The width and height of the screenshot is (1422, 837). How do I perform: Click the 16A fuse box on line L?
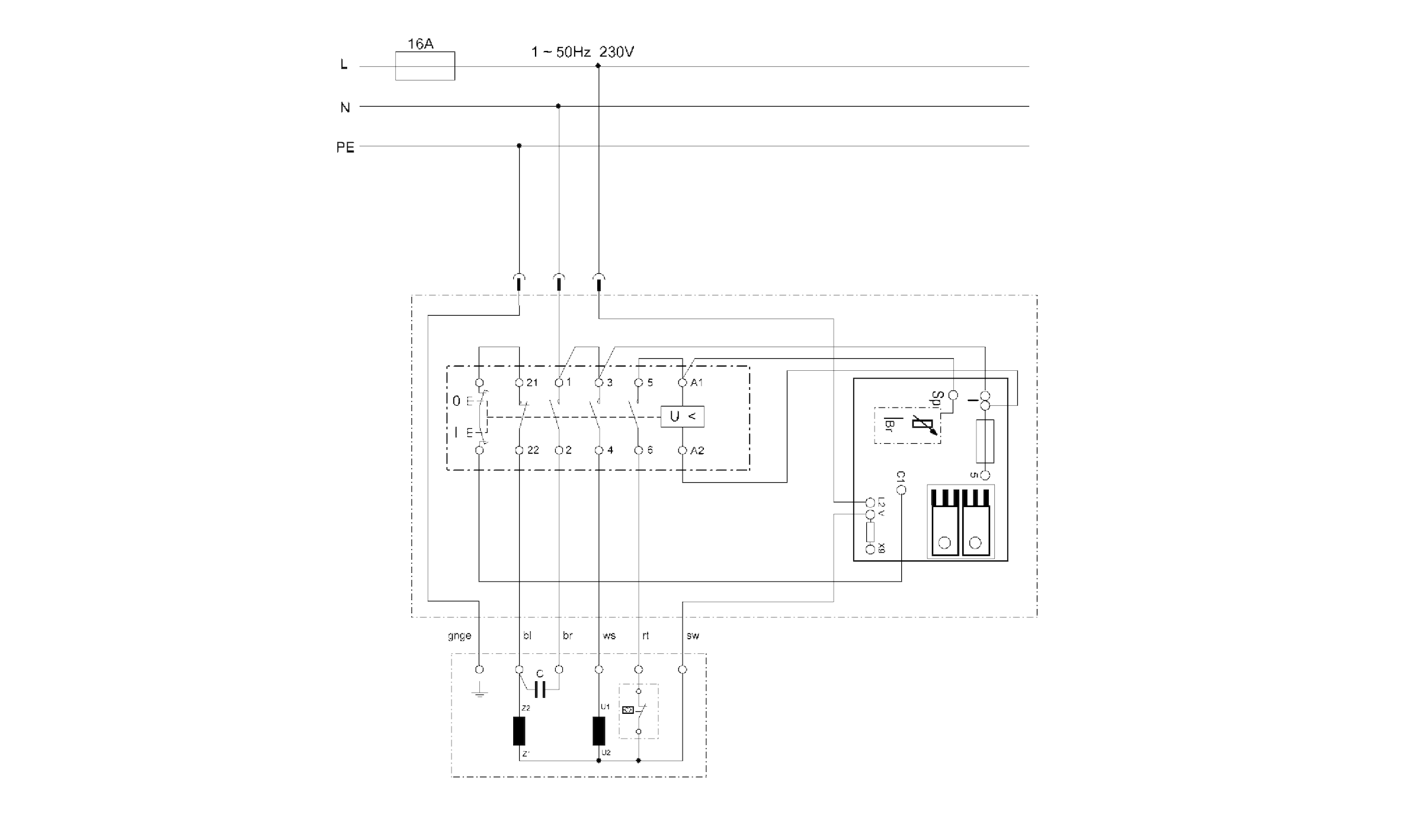[425, 66]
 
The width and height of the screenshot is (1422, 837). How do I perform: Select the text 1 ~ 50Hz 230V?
[582, 52]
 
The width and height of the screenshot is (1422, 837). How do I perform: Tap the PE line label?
[345, 147]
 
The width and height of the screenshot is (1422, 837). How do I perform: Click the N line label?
[345, 107]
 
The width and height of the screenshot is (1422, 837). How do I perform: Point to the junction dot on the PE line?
[519, 146]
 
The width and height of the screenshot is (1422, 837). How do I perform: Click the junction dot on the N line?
[558, 106]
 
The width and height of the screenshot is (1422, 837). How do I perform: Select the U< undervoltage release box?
[683, 416]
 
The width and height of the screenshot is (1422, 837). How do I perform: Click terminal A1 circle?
[683, 383]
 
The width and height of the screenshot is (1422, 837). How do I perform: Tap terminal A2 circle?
[683, 451]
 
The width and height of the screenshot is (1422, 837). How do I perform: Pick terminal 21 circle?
[519, 383]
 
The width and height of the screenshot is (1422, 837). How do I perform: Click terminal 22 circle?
[519, 451]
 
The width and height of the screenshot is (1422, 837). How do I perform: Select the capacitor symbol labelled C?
[540, 690]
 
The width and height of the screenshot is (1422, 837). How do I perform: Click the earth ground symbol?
[479, 692]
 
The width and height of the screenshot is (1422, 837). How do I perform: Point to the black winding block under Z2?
[519, 731]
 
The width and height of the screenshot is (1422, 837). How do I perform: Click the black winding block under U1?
[599, 731]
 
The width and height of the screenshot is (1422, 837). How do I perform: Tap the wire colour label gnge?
[459, 636]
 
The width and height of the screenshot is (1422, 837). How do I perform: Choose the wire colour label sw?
[693, 636]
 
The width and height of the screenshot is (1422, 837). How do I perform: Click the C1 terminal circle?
[902, 490]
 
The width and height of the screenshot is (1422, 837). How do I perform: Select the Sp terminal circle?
[953, 395]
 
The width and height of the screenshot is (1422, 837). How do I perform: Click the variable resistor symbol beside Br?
[923, 425]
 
